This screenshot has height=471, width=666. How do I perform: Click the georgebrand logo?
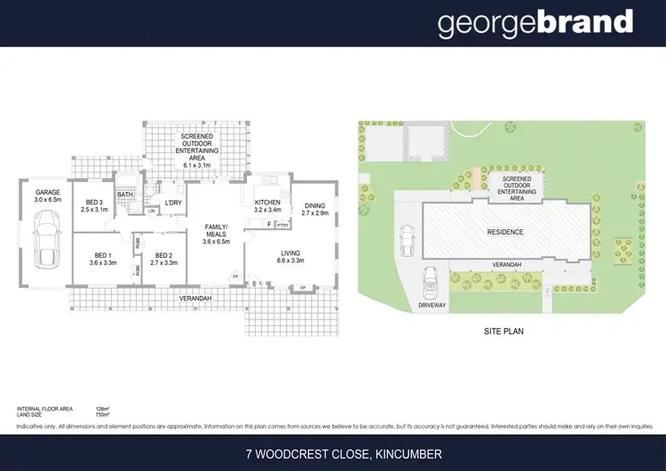535,23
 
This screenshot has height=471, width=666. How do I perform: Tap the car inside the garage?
44,244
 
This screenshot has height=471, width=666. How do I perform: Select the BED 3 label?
93,202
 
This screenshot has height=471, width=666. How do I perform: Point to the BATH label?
125,196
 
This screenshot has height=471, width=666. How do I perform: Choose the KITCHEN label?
267,203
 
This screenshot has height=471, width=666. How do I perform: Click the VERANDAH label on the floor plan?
195,299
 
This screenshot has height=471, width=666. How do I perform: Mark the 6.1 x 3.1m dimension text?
196,165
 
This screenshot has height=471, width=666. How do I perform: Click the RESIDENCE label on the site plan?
504,233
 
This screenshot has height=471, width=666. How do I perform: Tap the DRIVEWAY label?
432,305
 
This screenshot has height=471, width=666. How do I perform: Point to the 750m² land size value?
101,414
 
